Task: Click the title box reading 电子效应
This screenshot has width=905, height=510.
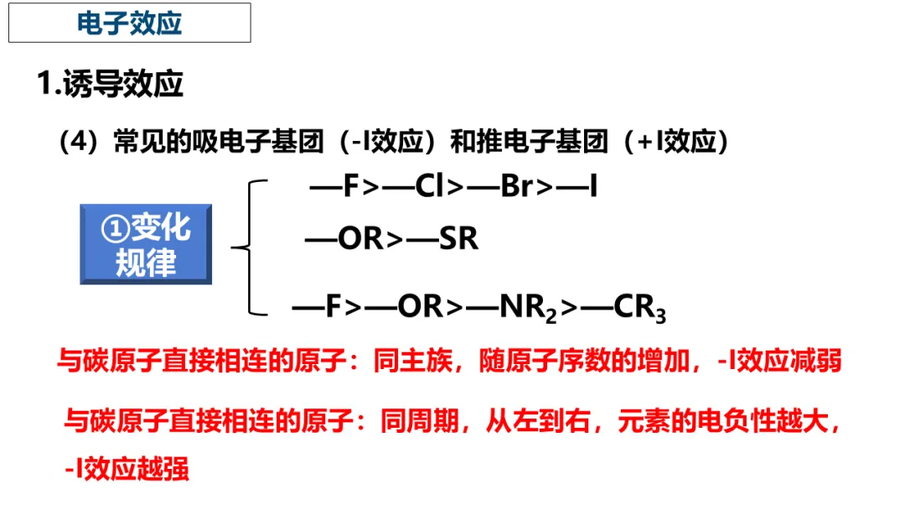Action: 130,23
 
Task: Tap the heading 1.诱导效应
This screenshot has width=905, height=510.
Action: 111,85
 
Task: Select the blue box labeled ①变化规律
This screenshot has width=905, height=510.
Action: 147,244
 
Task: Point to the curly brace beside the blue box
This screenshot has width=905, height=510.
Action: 250,247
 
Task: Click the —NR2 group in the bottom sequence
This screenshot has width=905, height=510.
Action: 513,308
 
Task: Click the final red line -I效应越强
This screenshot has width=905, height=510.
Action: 127,468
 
